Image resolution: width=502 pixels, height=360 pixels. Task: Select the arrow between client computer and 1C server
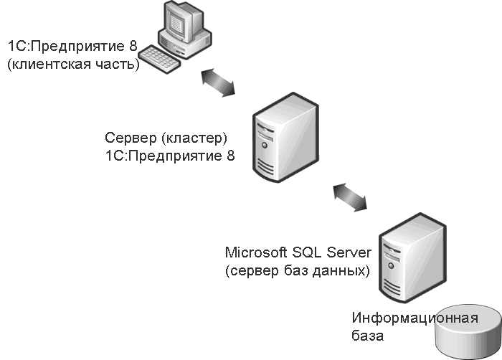218,82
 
